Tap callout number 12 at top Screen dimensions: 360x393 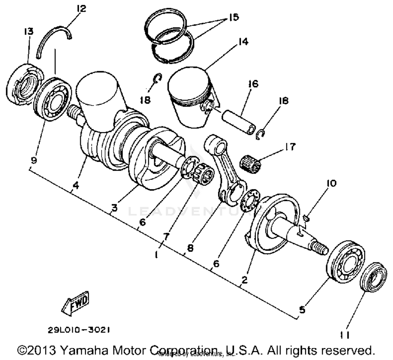[x=81, y=9]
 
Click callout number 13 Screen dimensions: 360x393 [x=29, y=31]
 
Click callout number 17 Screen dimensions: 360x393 [x=290, y=147]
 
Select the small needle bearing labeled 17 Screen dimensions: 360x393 [x=251, y=162]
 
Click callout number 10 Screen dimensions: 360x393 [x=331, y=183]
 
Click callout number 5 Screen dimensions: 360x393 [x=302, y=310]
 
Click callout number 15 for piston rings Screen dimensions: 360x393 [x=233, y=17]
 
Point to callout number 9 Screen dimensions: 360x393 [x=34, y=160]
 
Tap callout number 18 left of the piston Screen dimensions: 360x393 [x=145, y=100]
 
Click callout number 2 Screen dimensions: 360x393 [x=244, y=280]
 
